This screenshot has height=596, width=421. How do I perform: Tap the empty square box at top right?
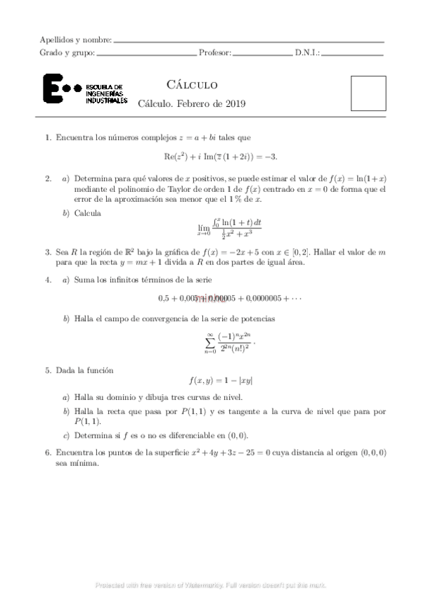368,93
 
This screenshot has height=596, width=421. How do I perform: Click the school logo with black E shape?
84,90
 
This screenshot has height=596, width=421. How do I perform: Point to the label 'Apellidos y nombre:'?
76,39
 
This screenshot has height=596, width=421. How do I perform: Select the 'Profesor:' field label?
214,52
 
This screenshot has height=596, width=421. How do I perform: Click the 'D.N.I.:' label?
307,52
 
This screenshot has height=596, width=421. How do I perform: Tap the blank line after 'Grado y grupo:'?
145,53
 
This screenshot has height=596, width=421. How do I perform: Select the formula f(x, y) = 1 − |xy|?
221,380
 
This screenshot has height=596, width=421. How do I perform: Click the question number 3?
47,251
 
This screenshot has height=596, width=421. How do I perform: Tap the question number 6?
47,453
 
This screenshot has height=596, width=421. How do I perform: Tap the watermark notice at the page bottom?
211,585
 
